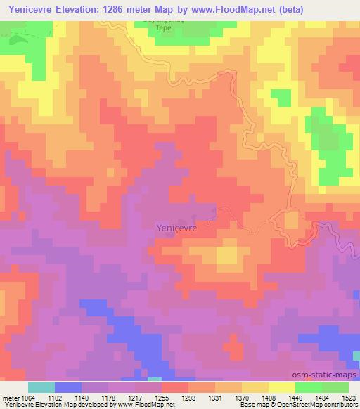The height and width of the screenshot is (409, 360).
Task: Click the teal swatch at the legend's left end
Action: [x=41, y=387]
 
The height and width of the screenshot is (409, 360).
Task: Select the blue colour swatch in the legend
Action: [x=67, y=387]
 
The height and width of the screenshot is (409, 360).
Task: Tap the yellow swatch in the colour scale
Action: [x=282, y=387]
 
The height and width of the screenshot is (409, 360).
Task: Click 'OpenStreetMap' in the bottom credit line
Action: [x=305, y=404]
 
